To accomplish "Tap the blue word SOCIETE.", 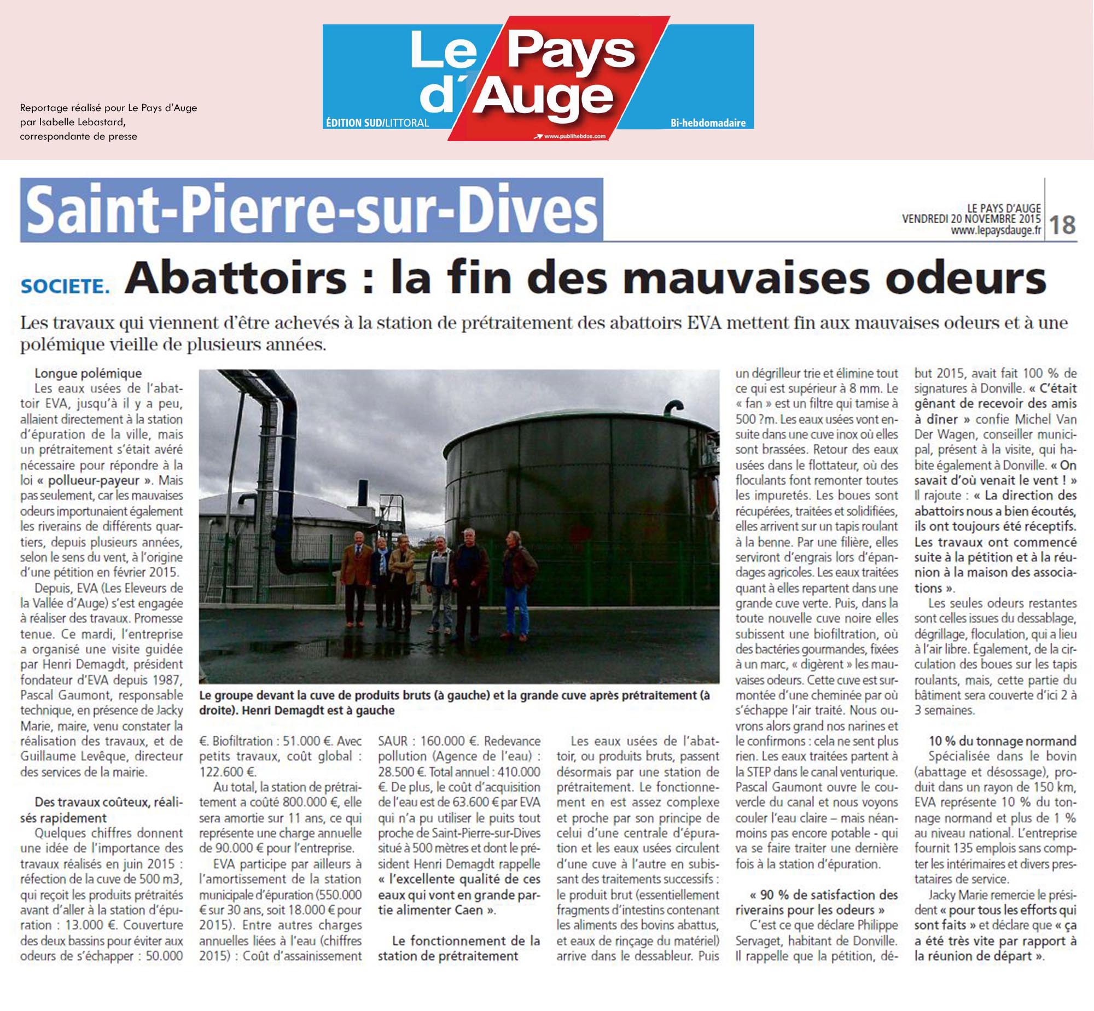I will [x=65, y=286].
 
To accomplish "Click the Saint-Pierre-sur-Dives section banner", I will [x=312, y=210].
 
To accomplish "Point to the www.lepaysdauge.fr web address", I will [x=996, y=231].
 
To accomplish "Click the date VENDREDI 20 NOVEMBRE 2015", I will [x=971, y=219].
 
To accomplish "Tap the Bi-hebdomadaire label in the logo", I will [x=708, y=123].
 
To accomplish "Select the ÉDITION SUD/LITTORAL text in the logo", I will [x=377, y=123].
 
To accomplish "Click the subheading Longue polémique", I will [x=88, y=373].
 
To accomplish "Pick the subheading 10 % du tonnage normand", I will [x=1003, y=741].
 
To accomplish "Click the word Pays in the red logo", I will [x=572, y=52].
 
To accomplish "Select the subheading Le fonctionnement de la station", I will [x=458, y=948].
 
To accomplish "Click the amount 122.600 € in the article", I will [x=229, y=772].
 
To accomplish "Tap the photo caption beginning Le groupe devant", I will [x=454, y=703].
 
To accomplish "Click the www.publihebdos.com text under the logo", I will [x=574, y=136].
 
